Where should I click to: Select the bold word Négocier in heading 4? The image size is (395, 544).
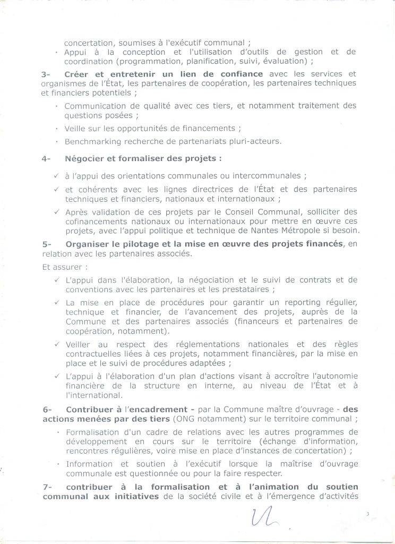86,158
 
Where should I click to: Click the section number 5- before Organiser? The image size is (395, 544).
46,243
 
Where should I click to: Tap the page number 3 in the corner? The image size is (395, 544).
367,513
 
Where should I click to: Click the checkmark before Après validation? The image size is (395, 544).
56,211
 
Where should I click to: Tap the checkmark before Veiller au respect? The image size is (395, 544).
56,344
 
